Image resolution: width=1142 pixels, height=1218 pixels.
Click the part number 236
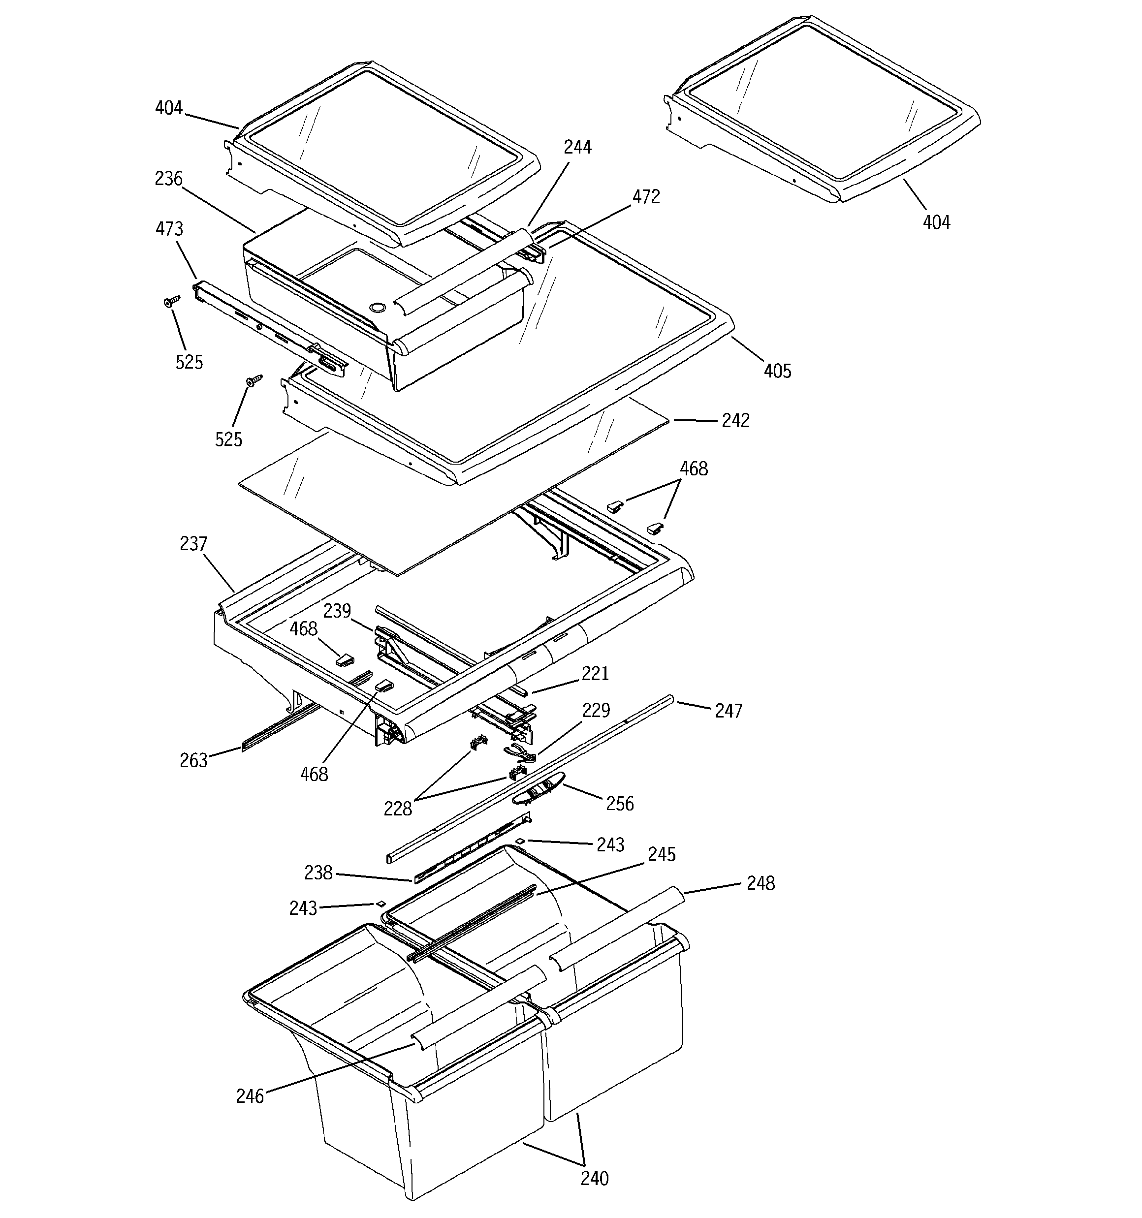(x=168, y=179)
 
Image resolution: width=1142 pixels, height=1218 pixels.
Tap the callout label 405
(x=777, y=371)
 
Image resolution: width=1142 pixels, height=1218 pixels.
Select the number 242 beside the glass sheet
(x=735, y=421)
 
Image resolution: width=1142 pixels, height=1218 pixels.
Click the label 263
(x=194, y=760)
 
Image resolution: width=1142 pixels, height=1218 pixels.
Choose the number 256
(x=620, y=804)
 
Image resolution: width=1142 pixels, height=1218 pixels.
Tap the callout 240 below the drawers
(x=595, y=1178)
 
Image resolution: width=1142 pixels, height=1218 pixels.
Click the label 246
(x=250, y=1096)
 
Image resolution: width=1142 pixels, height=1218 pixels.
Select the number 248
(x=761, y=883)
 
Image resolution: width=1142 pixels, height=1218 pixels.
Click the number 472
(x=646, y=197)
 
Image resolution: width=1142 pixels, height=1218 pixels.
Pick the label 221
(x=595, y=674)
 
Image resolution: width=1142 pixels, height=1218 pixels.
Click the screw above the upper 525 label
(x=172, y=301)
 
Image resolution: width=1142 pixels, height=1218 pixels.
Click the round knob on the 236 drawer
(x=378, y=305)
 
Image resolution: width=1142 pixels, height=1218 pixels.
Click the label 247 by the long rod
(x=728, y=711)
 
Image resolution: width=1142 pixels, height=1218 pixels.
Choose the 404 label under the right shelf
(x=937, y=222)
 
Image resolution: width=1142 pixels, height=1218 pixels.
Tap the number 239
(x=337, y=611)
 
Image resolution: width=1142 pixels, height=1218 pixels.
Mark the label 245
(x=662, y=855)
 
